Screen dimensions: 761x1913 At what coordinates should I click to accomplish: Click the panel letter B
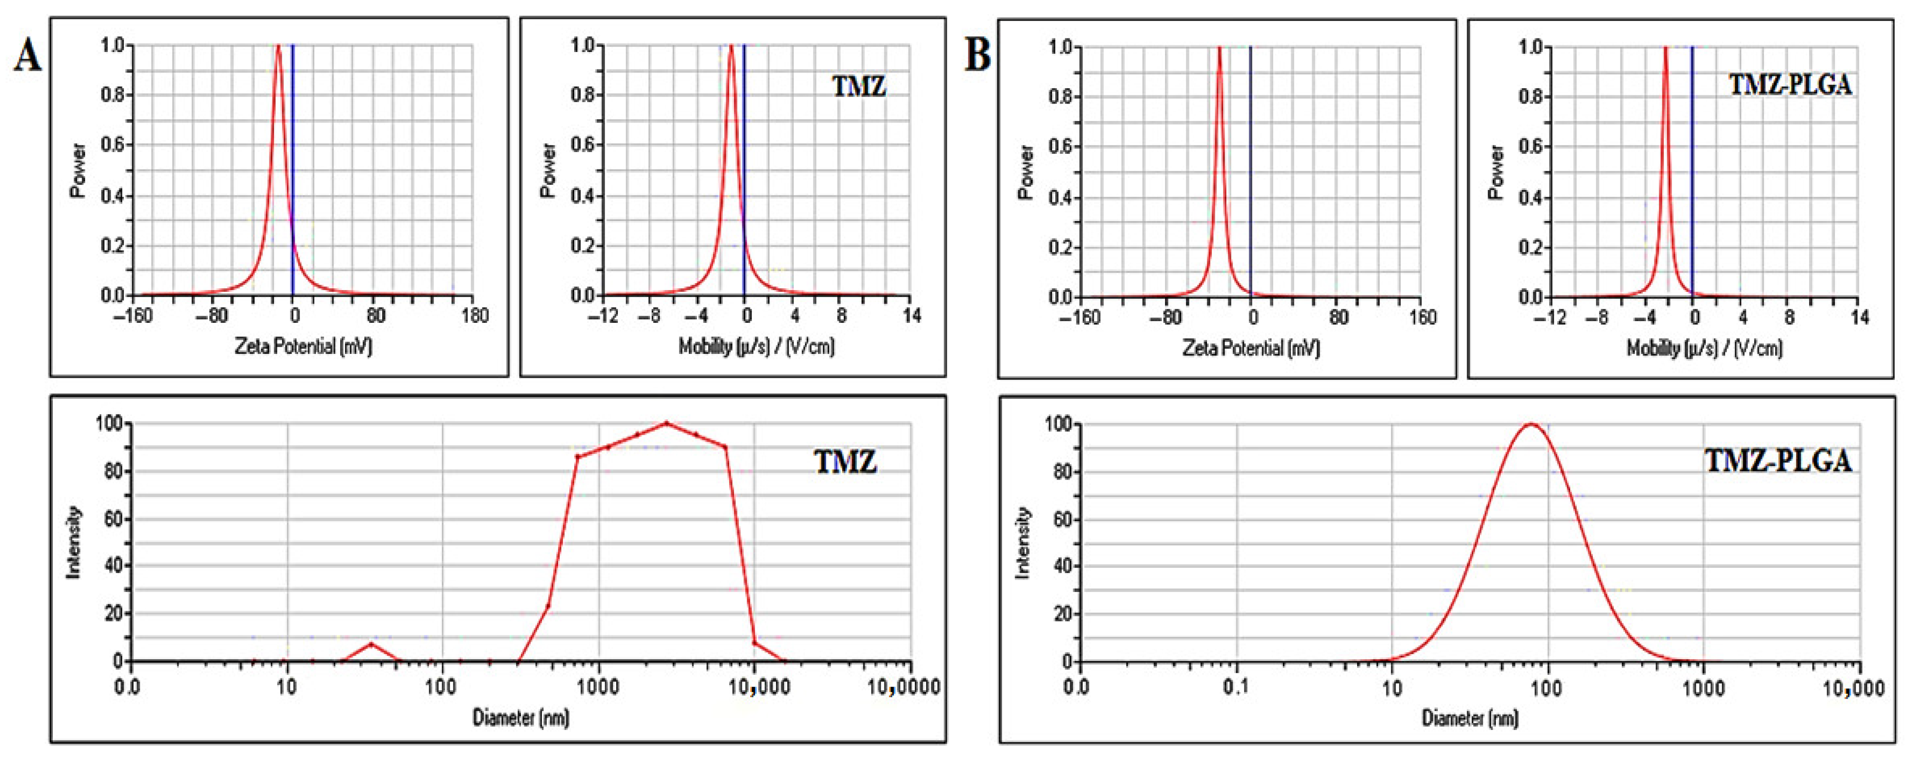(x=977, y=56)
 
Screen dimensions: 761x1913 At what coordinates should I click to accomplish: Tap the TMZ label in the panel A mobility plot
(x=858, y=87)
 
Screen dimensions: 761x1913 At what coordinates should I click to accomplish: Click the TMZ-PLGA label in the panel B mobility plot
(x=1790, y=86)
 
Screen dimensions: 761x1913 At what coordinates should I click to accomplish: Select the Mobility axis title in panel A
(x=756, y=346)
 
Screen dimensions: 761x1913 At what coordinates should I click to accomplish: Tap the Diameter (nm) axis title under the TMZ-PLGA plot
(x=1470, y=718)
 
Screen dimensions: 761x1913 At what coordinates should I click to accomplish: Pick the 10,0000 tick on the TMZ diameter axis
(x=903, y=687)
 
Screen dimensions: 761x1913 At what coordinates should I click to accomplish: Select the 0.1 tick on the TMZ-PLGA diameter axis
(x=1236, y=688)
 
